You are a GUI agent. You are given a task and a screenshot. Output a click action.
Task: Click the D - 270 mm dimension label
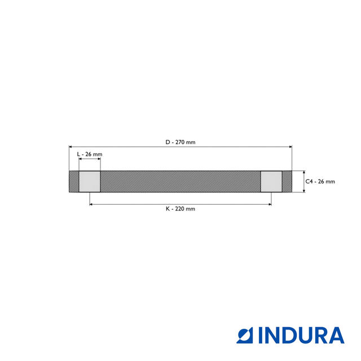180,142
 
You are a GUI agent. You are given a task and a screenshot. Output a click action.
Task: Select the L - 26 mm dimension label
90,154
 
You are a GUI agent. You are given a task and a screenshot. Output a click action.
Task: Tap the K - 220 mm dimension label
180,209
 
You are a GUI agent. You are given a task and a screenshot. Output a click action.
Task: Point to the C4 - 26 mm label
320,182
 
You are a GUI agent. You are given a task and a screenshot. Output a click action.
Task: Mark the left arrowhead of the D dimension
71,147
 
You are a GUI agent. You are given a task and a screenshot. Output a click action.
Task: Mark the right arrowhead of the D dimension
290,147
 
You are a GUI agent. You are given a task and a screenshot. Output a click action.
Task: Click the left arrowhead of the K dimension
91,204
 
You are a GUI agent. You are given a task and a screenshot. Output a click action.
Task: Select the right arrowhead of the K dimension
270,204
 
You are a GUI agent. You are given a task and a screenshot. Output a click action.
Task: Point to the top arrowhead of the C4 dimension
303,173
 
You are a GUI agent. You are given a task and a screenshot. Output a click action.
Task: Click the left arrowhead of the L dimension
81,159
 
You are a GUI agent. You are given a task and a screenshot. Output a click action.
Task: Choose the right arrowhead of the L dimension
99,159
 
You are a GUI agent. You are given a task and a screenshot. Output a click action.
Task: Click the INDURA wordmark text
301,336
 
